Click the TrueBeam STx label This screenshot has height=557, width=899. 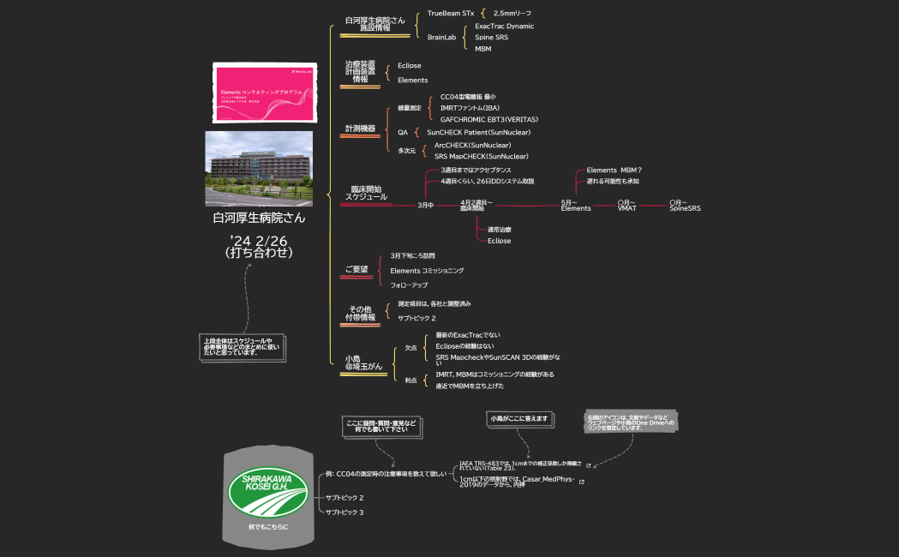450,14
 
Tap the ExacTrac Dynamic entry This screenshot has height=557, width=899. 504,27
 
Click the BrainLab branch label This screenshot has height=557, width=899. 441,37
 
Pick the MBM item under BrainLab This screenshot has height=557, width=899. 483,49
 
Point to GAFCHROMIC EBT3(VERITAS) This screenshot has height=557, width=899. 488,119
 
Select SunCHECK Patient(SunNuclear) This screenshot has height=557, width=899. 478,133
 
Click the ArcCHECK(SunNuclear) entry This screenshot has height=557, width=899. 472,146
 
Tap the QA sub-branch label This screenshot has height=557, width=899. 403,133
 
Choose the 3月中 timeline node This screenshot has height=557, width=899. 425,206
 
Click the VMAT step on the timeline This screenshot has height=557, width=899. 626,206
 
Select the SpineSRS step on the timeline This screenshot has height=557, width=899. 685,206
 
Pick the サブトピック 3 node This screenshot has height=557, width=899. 345,512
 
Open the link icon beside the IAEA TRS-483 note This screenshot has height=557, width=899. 588,466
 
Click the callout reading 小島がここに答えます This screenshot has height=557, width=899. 517,419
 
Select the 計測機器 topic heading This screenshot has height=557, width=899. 360,129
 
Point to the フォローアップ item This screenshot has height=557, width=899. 409,284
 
